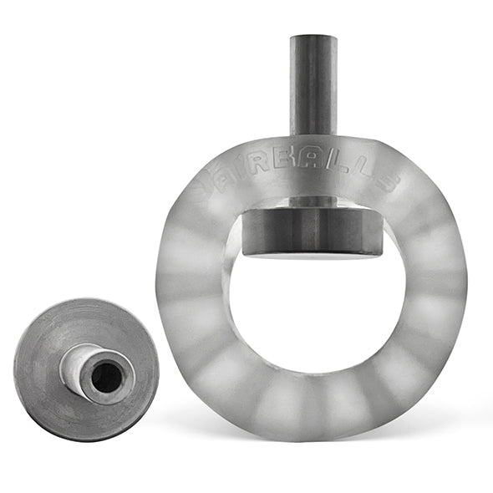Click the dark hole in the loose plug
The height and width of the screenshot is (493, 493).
106,379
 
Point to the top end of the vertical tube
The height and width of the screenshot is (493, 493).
313,39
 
